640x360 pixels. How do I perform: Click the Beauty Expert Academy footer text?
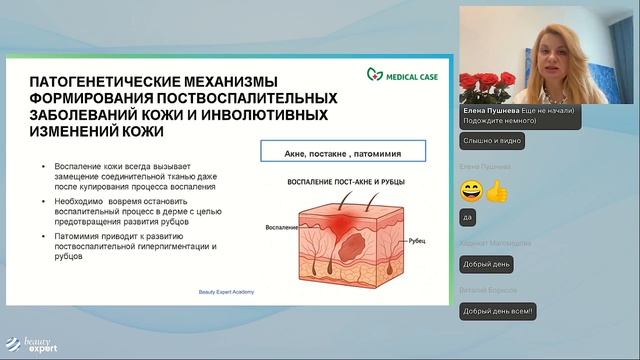[x=222, y=291]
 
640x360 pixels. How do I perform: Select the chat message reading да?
[x=468, y=216]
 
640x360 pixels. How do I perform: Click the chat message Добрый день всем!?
[x=499, y=312]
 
